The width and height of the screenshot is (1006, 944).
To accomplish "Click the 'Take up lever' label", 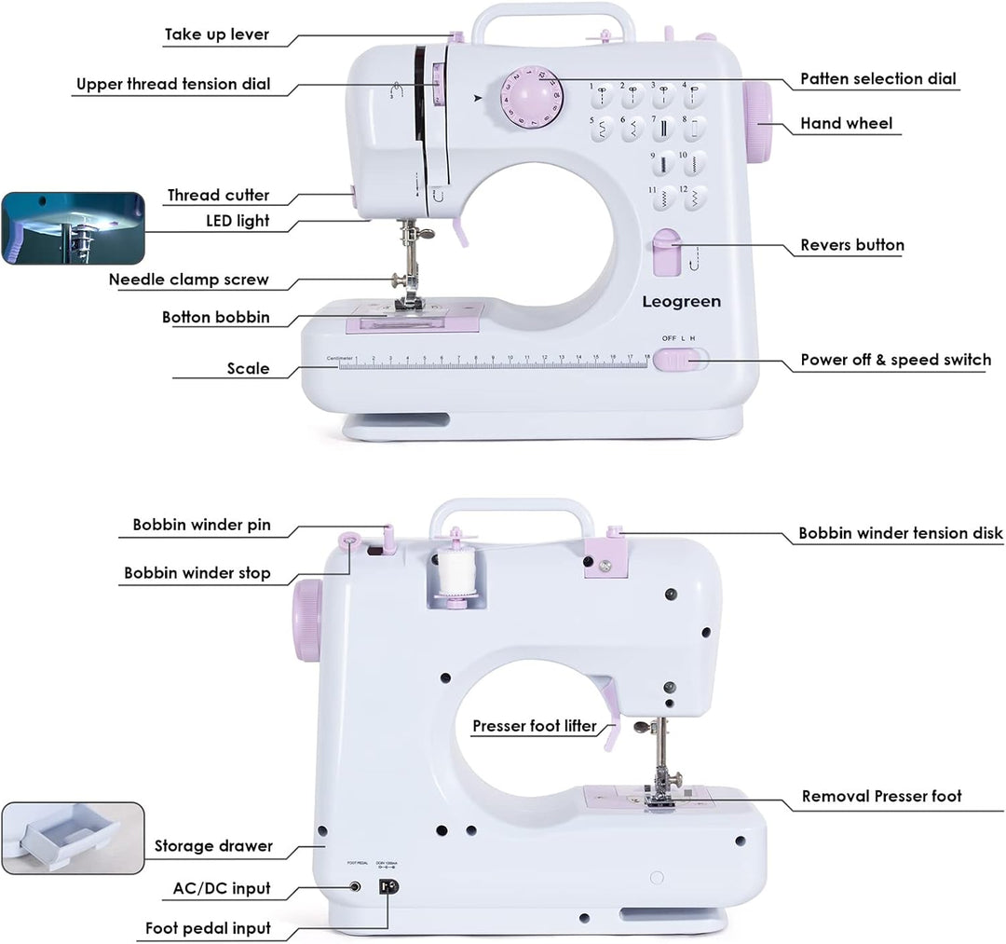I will pyautogui.click(x=217, y=35).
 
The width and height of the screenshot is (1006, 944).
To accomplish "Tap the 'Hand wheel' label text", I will pyautogui.click(x=846, y=123).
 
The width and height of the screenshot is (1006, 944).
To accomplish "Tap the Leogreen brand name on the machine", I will pyautogui.click(x=681, y=302).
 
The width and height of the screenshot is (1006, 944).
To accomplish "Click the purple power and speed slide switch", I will pyautogui.click(x=674, y=360).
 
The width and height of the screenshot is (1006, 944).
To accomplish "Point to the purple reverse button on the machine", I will pyautogui.click(x=666, y=253).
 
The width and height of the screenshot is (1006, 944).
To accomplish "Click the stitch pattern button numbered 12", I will pyautogui.click(x=693, y=197).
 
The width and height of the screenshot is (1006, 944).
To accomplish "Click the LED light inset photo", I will pyautogui.click(x=73, y=228).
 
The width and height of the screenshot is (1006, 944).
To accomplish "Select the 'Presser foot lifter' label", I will pyautogui.click(x=534, y=726).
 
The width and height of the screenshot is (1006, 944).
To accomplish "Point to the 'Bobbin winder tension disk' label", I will pyautogui.click(x=900, y=534).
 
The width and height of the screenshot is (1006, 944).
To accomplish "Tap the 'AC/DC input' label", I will pyautogui.click(x=222, y=888).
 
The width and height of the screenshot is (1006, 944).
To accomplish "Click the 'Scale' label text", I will pyautogui.click(x=248, y=369).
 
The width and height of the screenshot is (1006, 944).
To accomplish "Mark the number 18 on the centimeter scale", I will pyautogui.click(x=646, y=357).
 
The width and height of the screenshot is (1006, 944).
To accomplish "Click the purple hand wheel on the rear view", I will pyautogui.click(x=308, y=620).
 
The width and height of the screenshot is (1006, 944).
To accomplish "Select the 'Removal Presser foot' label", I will pyautogui.click(x=881, y=797).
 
